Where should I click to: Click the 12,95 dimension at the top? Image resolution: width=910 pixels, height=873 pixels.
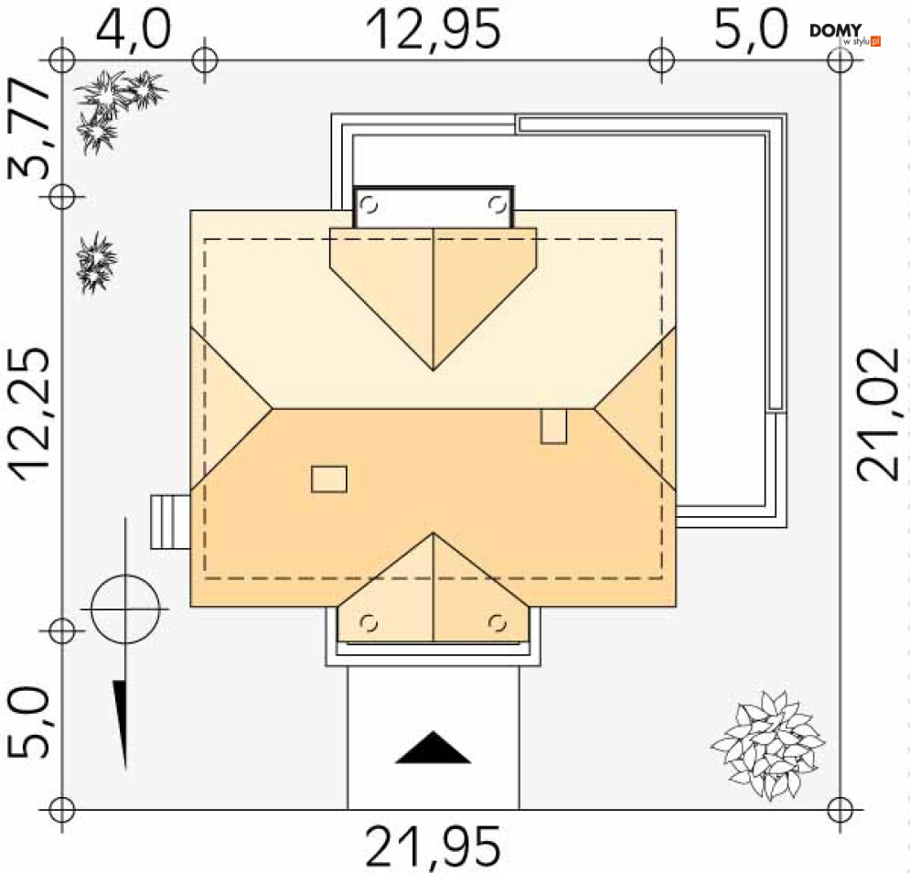click(433, 29)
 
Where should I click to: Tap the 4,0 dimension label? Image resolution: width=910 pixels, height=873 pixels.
click(134, 29)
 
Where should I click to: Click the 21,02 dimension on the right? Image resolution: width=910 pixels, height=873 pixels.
click(879, 415)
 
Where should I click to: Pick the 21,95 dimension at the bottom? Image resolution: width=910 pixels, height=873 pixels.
click(433, 846)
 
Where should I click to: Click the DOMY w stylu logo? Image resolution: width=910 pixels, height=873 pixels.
click(845, 35)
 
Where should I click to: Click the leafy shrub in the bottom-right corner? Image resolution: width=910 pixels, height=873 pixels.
click(768, 745)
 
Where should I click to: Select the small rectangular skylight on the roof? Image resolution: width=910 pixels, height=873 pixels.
click(329, 480)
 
